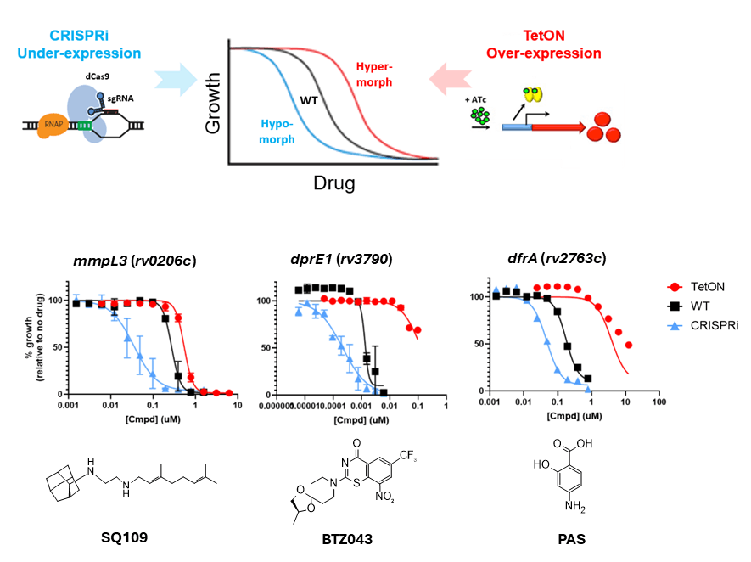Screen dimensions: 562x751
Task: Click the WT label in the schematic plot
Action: [x=309, y=99]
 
